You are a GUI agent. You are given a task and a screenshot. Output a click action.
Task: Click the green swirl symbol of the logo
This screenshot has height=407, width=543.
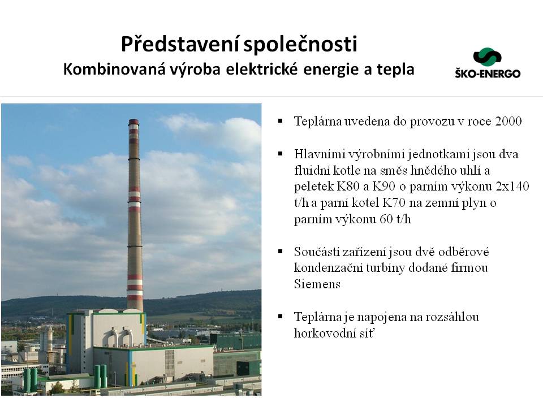[487, 57]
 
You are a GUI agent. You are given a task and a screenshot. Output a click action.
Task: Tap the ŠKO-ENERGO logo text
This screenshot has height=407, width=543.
[488, 73]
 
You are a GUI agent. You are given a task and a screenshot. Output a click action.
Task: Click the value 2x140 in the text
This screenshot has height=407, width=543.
[512, 187]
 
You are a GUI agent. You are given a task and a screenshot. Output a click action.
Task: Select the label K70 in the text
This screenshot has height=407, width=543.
[394, 203]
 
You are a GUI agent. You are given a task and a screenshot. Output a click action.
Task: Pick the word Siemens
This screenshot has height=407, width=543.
[317, 284]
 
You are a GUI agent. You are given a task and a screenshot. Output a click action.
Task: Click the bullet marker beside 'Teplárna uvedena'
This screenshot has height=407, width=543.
[281, 121]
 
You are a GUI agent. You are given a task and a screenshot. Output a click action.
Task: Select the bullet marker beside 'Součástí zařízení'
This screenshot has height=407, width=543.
[281, 251]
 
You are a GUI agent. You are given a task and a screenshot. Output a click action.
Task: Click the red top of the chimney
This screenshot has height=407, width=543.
[133, 122]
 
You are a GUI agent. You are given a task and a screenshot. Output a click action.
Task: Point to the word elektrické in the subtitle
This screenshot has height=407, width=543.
[262, 69]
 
